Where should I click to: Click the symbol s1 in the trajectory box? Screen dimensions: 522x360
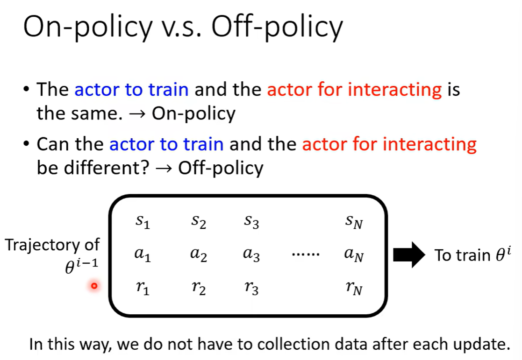click(143, 222)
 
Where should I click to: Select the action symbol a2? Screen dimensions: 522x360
click(199, 255)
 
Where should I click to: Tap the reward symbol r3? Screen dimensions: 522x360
click(251, 288)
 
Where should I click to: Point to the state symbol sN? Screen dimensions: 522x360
click(354, 222)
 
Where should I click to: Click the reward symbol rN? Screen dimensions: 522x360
click(354, 288)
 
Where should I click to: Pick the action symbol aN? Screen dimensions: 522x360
click(354, 255)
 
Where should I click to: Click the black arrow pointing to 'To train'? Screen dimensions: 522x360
click(409, 254)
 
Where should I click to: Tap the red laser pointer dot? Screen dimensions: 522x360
click(94, 285)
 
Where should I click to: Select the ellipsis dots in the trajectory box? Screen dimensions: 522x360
click(306, 255)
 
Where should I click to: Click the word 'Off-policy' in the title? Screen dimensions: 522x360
click(277, 27)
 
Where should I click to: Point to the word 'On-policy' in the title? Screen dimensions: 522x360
click(87, 27)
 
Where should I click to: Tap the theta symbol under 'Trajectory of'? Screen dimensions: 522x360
click(70, 267)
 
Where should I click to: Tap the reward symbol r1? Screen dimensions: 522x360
click(143, 288)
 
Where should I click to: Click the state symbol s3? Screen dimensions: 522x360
click(251, 222)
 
